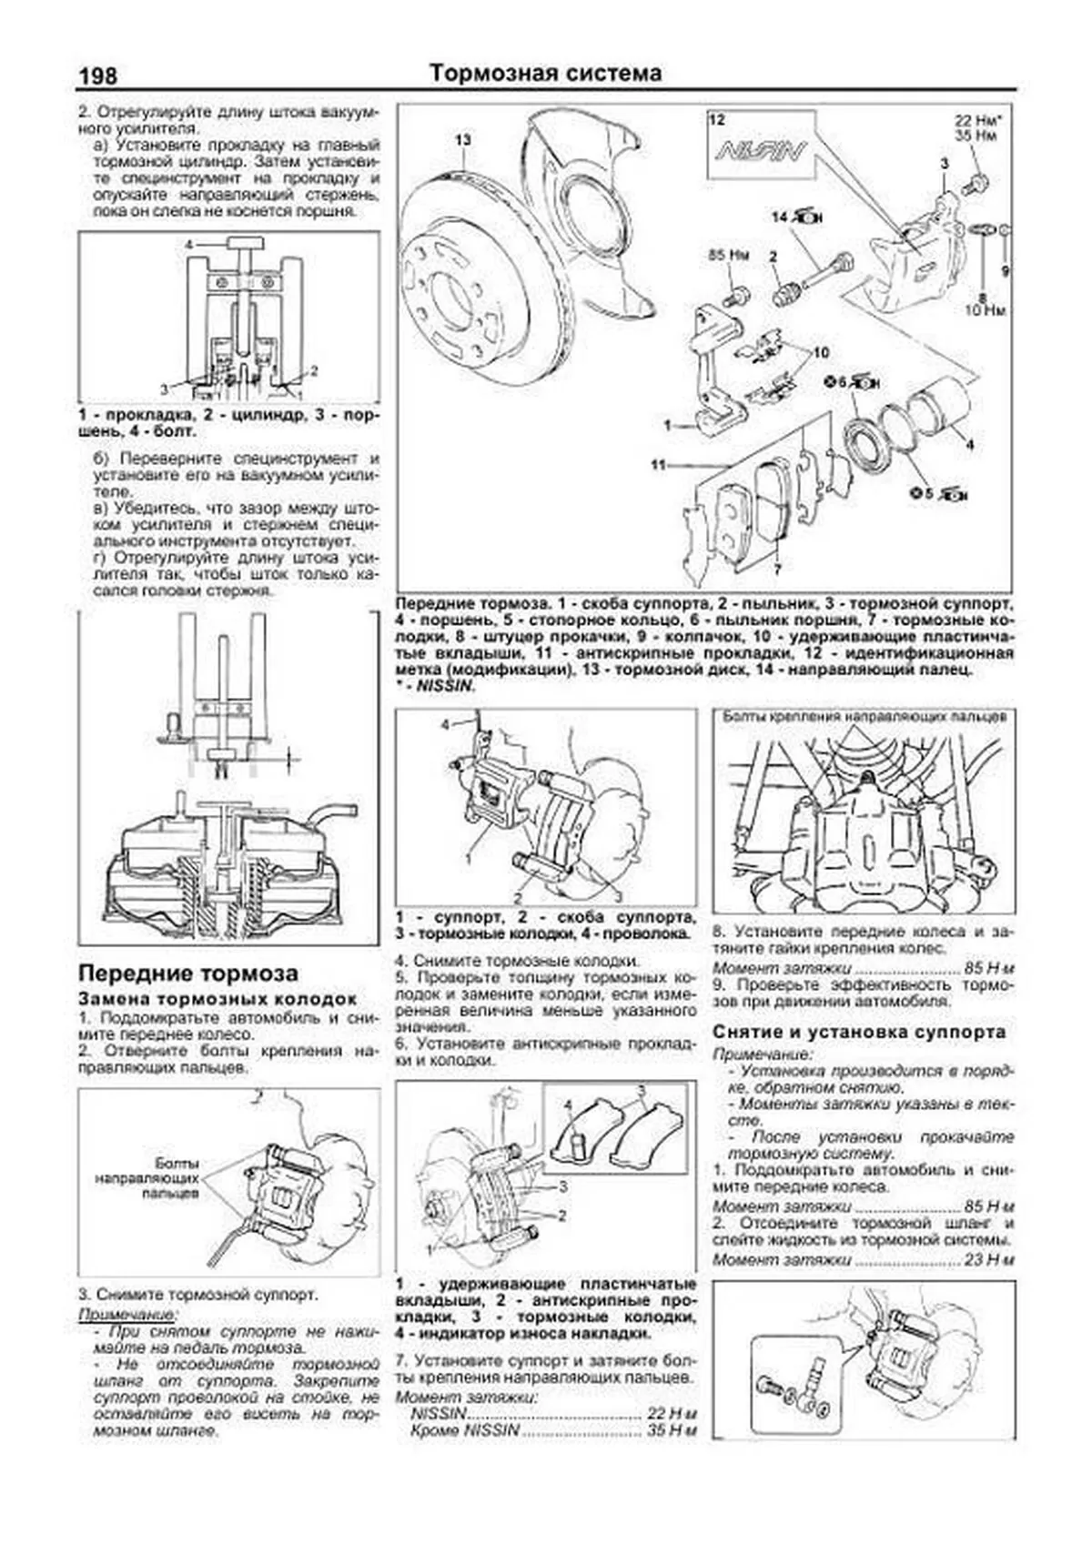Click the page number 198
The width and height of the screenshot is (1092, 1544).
[97, 75]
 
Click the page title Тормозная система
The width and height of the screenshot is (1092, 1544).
[545, 73]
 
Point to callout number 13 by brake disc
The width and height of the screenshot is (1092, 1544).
[464, 139]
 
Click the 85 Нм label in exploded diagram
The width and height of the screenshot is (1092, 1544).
[727, 257]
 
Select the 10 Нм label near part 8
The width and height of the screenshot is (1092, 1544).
[989, 310]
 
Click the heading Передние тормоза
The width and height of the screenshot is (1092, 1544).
[188, 973]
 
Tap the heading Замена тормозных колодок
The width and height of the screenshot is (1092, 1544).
[217, 998]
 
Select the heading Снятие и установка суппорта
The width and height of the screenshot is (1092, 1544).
[859, 1032]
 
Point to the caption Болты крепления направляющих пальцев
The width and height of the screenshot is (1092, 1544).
[864, 716]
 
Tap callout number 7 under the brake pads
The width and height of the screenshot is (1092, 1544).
[776, 570]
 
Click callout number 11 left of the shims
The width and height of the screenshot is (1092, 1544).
[660, 465]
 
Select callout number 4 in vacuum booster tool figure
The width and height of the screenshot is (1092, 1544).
[189, 245]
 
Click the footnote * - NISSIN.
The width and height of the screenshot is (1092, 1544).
[435, 687]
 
